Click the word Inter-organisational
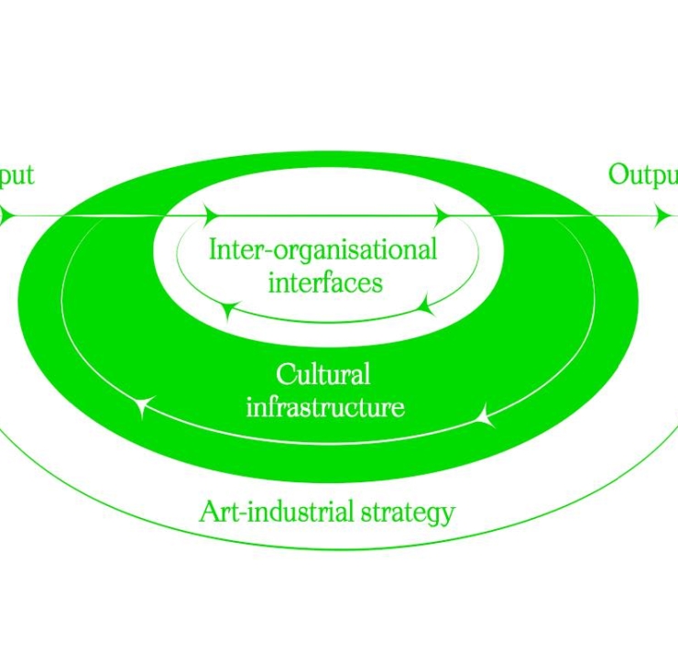[x=323, y=249]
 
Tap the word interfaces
[x=325, y=281]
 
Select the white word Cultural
[x=323, y=374]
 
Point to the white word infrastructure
[x=325, y=405]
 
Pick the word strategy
[x=407, y=512]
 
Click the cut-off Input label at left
[x=16, y=174]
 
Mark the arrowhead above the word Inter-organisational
[x=211, y=216]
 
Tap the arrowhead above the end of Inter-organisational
[x=443, y=216]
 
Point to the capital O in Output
[x=618, y=174]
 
